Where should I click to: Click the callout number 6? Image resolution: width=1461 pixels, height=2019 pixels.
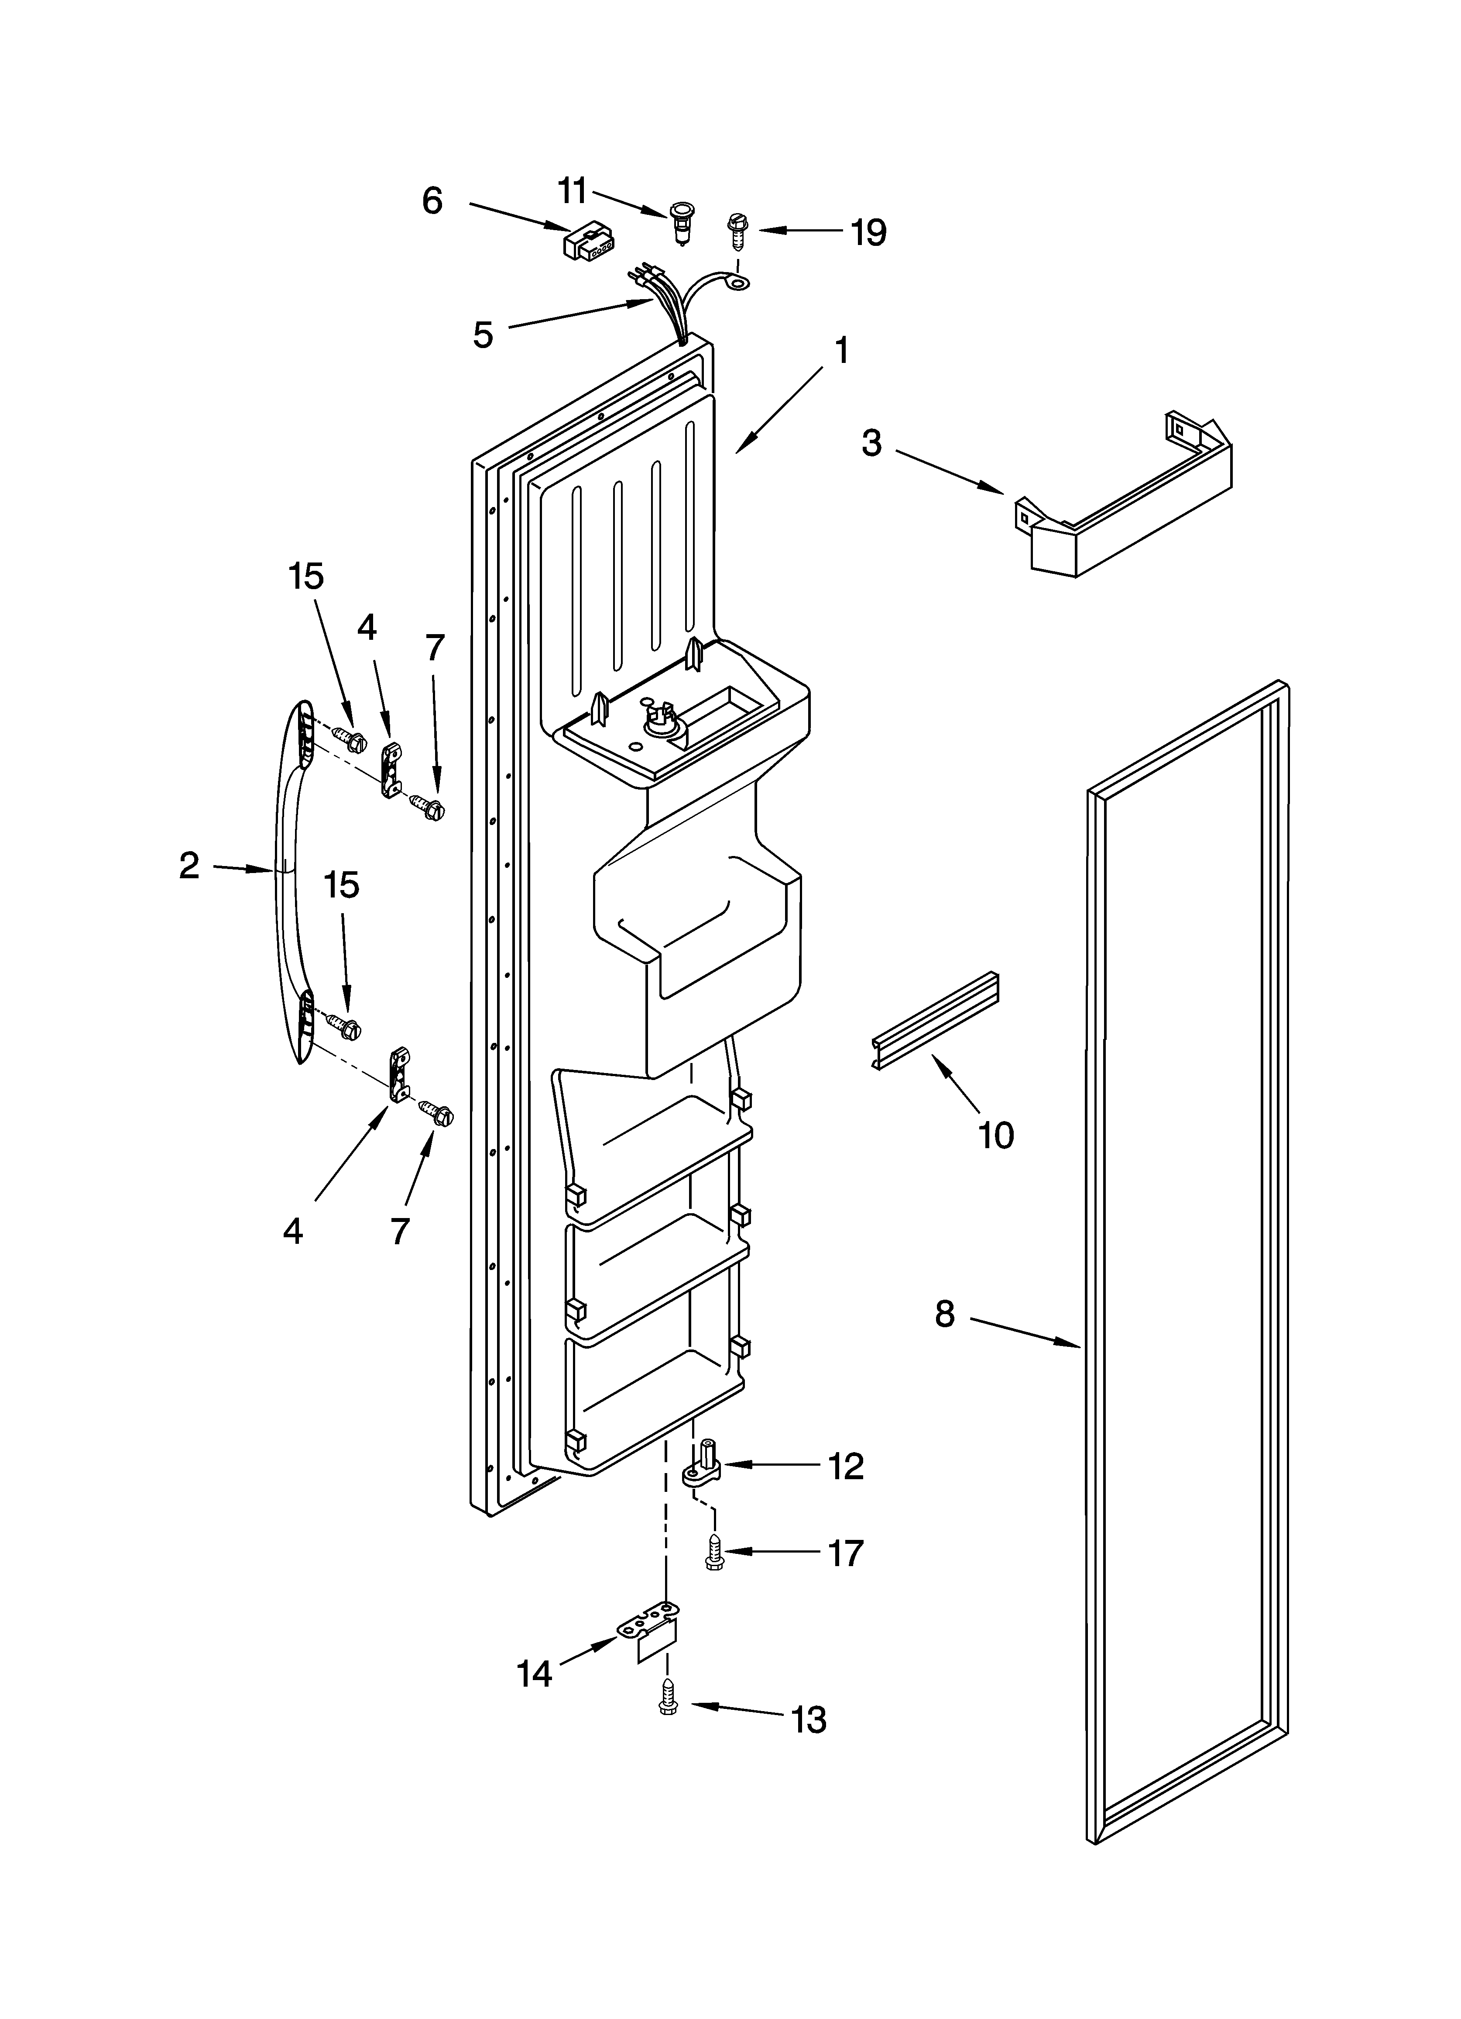[x=432, y=202]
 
